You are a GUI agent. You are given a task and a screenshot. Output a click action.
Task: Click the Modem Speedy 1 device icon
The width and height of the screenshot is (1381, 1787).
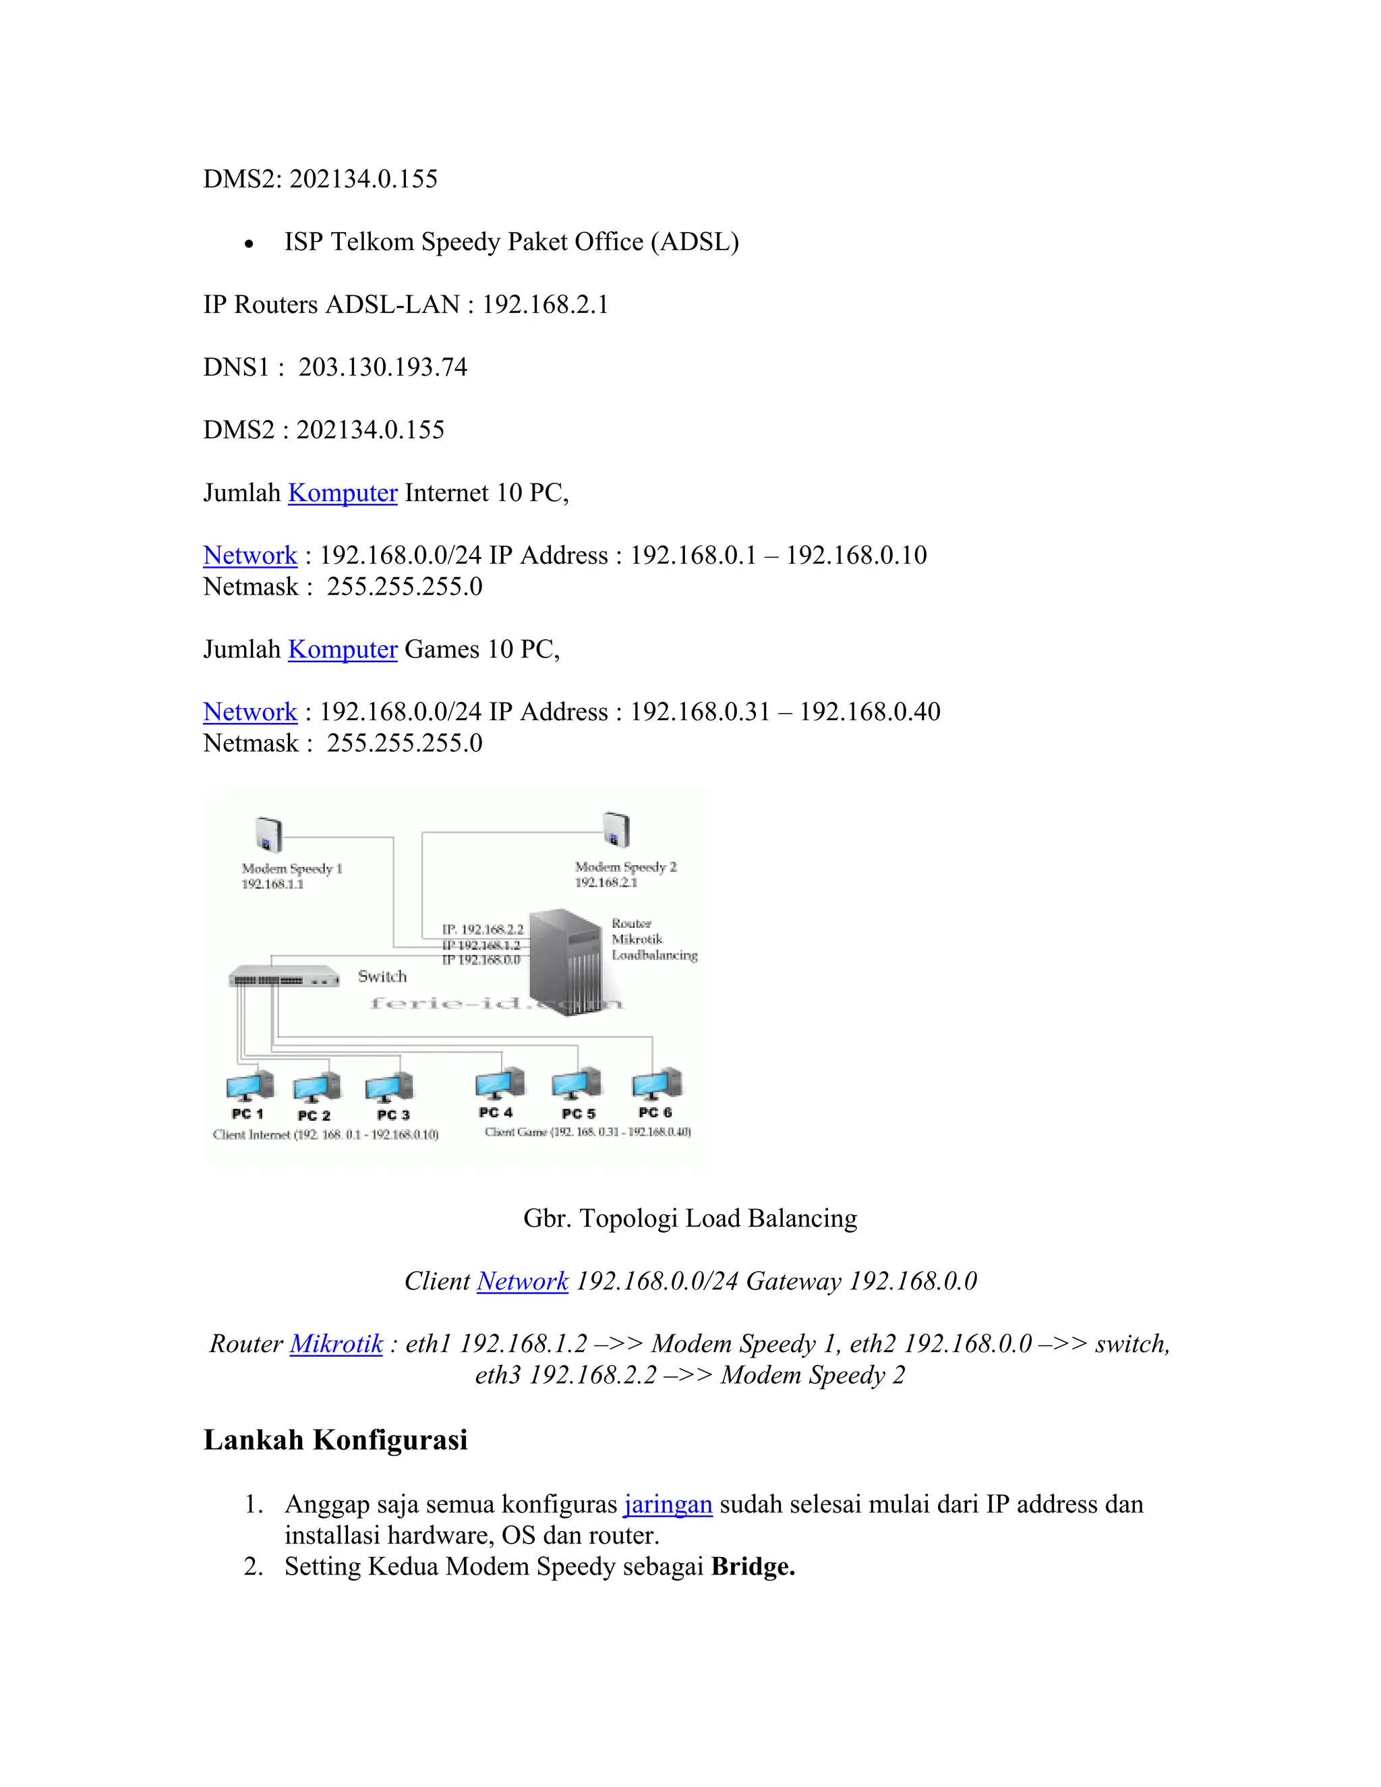click(x=268, y=835)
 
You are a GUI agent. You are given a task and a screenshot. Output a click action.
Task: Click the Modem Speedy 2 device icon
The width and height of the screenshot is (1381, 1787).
click(x=616, y=829)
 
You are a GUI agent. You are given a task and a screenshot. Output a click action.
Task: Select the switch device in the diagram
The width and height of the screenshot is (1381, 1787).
click(x=283, y=977)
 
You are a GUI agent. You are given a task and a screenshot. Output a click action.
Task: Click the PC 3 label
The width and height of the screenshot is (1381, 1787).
click(x=392, y=1115)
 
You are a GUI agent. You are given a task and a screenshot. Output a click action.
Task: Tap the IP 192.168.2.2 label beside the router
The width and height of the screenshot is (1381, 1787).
click(x=483, y=929)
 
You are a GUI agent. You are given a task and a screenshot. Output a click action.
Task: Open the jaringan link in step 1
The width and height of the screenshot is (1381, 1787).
click(x=668, y=1504)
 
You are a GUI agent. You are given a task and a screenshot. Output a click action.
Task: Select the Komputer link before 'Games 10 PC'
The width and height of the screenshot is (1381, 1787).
click(x=342, y=649)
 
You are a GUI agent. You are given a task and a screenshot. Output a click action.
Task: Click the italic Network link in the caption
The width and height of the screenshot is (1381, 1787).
click(x=522, y=1281)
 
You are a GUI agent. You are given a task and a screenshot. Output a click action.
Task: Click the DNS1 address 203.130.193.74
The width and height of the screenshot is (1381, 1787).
click(x=383, y=367)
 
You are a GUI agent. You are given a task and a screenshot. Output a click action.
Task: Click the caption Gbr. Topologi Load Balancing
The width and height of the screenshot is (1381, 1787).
click(x=690, y=1219)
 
